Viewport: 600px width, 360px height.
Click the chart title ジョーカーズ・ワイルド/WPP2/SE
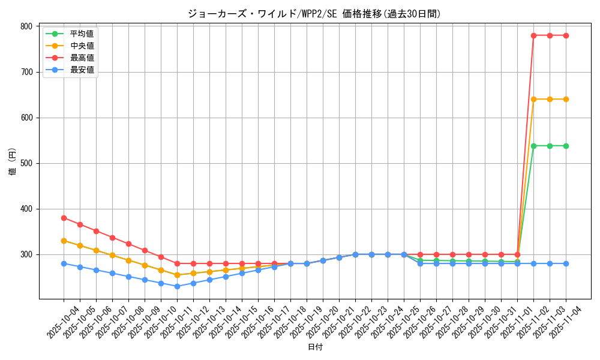(314, 14)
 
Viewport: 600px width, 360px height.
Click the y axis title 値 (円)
(11, 161)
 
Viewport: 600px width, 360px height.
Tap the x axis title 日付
(315, 347)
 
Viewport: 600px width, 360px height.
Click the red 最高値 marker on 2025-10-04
(64, 218)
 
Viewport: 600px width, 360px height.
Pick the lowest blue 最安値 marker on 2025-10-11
(177, 286)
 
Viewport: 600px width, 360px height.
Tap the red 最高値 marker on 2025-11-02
(533, 35)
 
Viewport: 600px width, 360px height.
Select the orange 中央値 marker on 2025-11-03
(550, 99)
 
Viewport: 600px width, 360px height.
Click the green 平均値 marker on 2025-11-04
(566, 146)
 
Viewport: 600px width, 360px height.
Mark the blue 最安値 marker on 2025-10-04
(64, 263)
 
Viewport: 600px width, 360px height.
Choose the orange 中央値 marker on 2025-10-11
(177, 275)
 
